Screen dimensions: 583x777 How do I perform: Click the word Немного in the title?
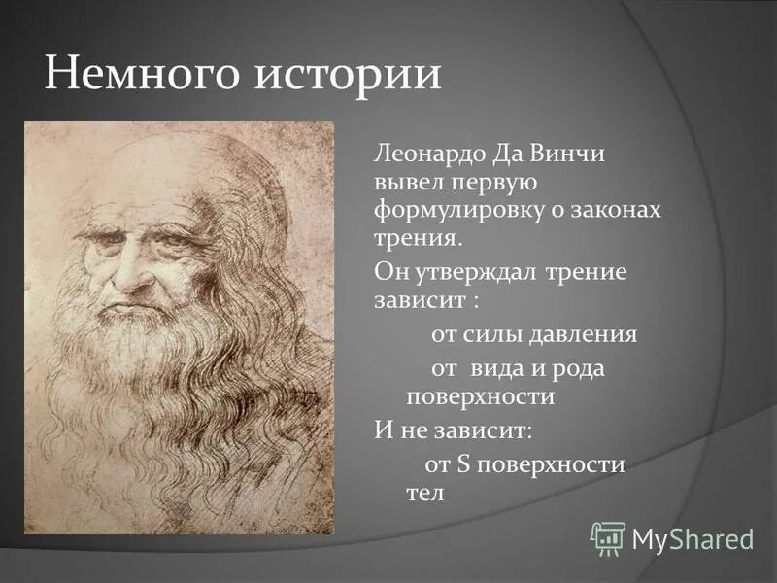[142, 75]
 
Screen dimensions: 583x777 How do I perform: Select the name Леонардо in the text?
[426, 154]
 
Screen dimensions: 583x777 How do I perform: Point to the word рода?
[582, 369]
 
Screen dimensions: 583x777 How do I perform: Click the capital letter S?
[462, 464]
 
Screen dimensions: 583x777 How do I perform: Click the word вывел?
[407, 182]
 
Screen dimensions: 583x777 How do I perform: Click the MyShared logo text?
[693, 537]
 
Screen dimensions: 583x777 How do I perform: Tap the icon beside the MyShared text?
[608, 537]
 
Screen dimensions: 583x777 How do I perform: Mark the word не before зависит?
[406, 428]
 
